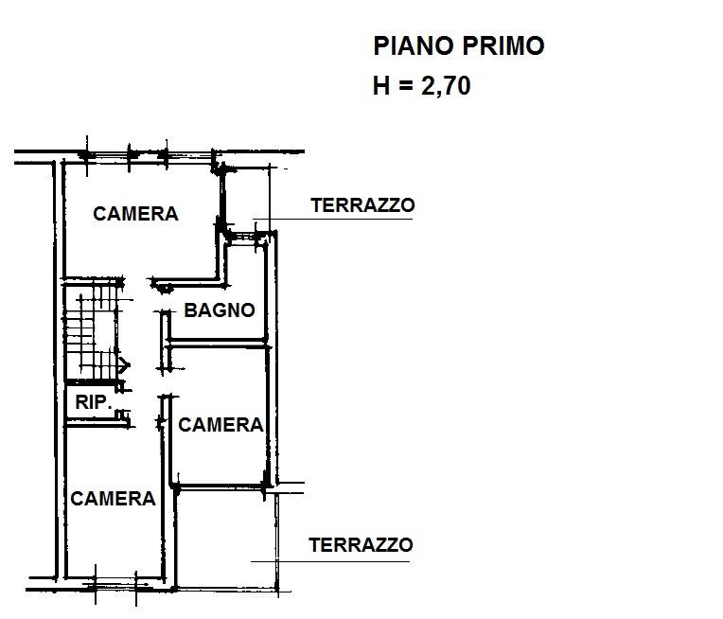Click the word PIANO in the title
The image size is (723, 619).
[413, 45]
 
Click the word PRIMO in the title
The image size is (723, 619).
[503, 45]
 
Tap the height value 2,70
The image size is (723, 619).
[446, 86]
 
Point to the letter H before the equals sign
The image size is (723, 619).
[381, 86]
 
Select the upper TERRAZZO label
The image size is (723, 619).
[362, 205]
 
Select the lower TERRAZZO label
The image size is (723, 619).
[361, 545]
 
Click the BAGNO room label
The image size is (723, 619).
[220, 309]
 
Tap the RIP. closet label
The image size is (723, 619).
[94, 402]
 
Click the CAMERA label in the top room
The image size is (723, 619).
[135, 214]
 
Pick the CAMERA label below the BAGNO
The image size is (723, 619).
[220, 425]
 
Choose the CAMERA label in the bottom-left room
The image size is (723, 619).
[113, 499]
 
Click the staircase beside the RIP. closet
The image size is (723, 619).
[91, 331]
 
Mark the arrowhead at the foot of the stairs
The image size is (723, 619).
[125, 364]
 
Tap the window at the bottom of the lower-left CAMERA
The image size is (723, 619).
[115, 585]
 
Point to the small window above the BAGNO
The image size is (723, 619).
[243, 237]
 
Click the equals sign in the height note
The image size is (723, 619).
[406, 86]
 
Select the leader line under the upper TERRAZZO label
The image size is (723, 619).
[332, 219]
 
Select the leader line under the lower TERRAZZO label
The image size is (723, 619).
[330, 562]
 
